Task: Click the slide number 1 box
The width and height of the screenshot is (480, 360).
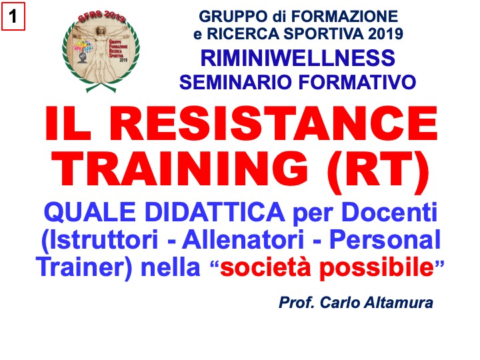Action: (x=13, y=16)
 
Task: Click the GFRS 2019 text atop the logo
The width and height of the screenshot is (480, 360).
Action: (x=101, y=17)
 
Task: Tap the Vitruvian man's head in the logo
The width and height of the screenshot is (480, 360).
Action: (x=100, y=31)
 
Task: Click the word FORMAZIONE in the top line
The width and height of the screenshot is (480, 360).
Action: (x=345, y=17)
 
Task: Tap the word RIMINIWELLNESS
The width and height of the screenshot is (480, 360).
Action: (x=298, y=58)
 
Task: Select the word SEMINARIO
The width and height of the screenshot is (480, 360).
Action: (x=235, y=82)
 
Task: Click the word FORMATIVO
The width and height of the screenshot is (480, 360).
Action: (x=357, y=82)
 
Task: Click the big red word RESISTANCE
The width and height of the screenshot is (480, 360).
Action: (x=277, y=123)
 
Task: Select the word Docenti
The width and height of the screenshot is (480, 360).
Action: (x=389, y=212)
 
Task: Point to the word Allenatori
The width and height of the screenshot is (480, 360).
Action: (x=243, y=239)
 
